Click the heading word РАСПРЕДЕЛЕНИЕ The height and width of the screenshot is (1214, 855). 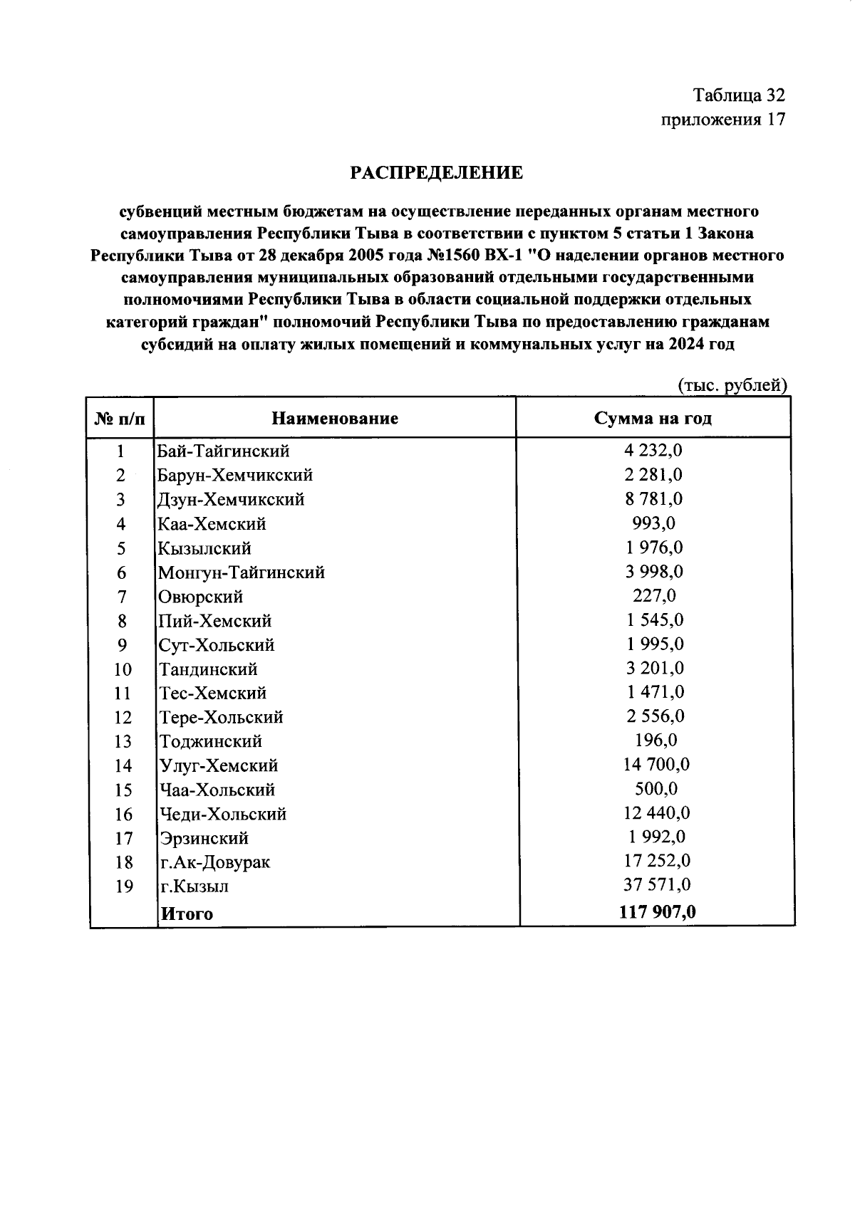click(x=436, y=173)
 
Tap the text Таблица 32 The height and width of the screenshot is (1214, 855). click(x=739, y=95)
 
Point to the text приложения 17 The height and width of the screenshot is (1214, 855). click(x=723, y=120)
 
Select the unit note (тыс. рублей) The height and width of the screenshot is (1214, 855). click(x=732, y=385)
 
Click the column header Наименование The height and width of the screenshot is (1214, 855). click(x=335, y=418)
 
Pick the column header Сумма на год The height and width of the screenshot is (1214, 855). click(x=653, y=418)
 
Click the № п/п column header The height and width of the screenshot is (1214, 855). click(x=120, y=419)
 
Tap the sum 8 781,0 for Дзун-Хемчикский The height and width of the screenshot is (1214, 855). click(x=654, y=498)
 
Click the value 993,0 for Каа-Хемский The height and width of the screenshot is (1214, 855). click(x=654, y=523)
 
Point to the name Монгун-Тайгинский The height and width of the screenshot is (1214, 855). click(x=241, y=572)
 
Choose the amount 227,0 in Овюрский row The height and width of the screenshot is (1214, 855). click(x=654, y=595)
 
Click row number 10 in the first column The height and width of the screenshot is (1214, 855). click(x=123, y=669)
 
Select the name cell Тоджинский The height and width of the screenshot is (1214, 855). click(x=211, y=741)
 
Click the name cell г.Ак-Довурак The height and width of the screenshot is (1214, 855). click(x=214, y=862)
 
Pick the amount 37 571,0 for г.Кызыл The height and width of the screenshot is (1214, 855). click(x=657, y=885)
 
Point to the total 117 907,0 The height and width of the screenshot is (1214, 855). click(x=657, y=912)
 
